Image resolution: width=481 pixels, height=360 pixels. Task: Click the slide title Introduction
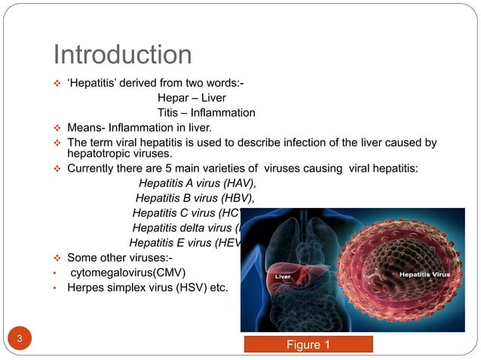click(x=122, y=55)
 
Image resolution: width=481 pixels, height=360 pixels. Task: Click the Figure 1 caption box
click(x=308, y=345)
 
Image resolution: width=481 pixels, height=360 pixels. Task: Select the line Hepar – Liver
click(x=191, y=98)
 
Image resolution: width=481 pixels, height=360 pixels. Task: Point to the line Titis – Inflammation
click(x=206, y=113)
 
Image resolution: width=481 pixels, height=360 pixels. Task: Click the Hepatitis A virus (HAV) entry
click(x=198, y=184)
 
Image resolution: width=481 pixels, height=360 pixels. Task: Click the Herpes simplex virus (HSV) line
click(x=148, y=287)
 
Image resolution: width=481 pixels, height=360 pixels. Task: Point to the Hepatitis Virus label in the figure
click(x=424, y=275)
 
